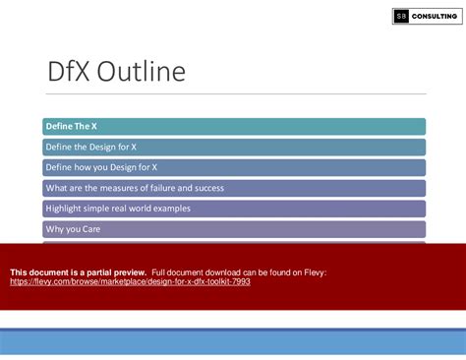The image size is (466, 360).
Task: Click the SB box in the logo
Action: pos(402,17)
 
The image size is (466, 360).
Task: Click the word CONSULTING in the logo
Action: pos(435,17)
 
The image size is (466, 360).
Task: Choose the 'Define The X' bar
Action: pos(234,126)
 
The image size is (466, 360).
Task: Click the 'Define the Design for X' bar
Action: pos(234,147)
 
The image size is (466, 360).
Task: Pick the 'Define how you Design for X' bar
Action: pos(234,167)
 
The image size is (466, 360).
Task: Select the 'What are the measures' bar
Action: pos(234,188)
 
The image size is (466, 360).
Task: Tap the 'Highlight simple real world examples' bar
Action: pos(234,209)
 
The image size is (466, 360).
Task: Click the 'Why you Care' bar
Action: pos(234,229)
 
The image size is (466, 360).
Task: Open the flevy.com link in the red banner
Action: pos(130,281)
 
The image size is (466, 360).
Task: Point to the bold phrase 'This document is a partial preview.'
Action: pos(78,271)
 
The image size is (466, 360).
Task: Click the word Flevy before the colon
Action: pos(314,271)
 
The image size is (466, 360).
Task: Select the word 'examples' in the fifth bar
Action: pos(169,209)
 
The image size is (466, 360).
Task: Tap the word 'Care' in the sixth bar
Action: pos(89,229)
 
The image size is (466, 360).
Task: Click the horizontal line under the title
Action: pos(234,94)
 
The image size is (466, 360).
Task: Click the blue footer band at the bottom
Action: pos(233,342)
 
